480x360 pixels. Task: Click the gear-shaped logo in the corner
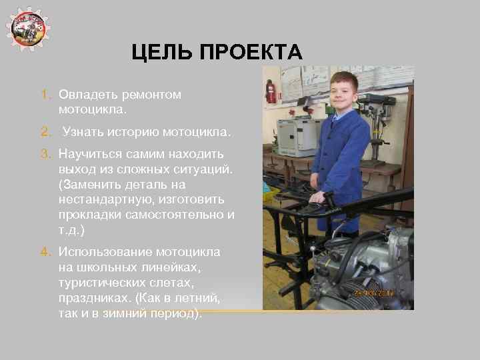pos(29,28)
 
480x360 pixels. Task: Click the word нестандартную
pos(105,199)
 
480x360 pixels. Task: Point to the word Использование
pos(105,252)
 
